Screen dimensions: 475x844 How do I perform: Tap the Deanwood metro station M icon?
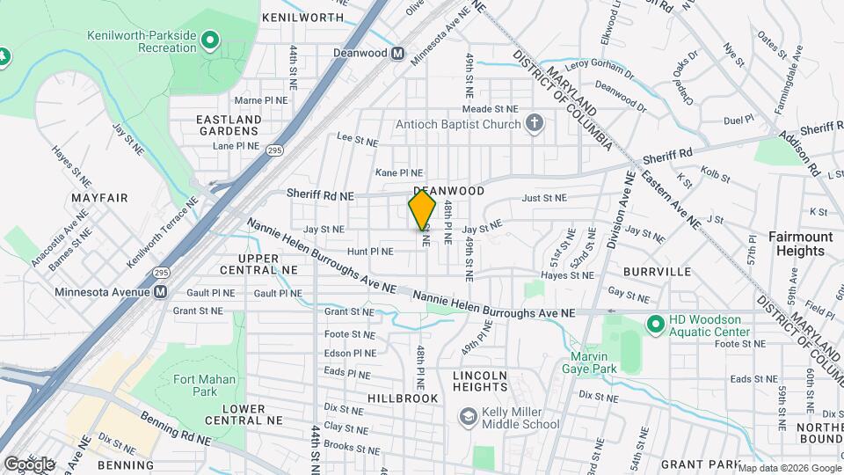tap(397, 54)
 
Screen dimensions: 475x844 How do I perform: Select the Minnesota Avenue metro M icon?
tap(160, 292)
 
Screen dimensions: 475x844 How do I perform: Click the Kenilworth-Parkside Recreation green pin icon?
tap(209, 40)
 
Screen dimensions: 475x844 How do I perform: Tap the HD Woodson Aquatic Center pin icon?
tap(654, 325)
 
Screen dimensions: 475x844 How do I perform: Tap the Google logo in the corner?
tap(28, 464)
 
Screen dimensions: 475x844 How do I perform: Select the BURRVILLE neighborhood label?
tap(658, 272)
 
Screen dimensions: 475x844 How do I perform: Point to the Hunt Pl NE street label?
tap(370, 251)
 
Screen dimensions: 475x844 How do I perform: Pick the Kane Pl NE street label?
tap(399, 173)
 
